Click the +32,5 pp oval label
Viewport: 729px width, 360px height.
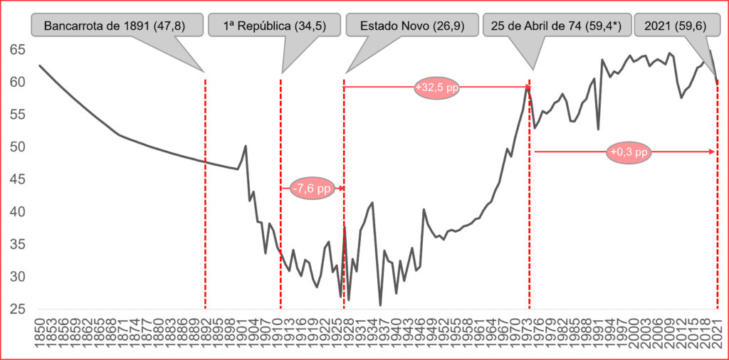436,88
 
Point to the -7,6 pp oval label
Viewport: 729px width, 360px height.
312,189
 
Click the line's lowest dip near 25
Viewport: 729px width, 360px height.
380,305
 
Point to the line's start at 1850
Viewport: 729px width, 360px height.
40,65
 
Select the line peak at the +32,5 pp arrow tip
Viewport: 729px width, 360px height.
527,87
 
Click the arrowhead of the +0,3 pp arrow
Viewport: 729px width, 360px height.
713,152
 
